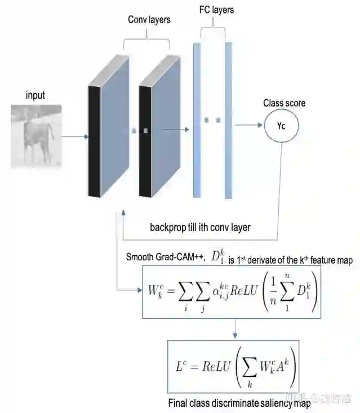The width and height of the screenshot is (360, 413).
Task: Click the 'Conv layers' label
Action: pos(149,20)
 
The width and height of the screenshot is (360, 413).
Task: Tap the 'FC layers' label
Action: pos(216,10)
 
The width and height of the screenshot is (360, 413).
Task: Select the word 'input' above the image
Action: pos(35,95)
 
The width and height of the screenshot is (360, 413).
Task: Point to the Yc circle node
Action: pos(281,126)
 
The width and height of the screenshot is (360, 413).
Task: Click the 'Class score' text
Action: pos(284,103)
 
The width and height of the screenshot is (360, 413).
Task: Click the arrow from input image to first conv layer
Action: pos(74,136)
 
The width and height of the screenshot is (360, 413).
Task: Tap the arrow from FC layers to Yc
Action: pos(248,126)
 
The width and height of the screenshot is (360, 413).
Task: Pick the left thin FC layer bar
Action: pos(197,119)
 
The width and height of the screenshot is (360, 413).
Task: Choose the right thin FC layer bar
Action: pos(228,119)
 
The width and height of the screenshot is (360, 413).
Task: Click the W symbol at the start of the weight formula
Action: pos(154,291)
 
